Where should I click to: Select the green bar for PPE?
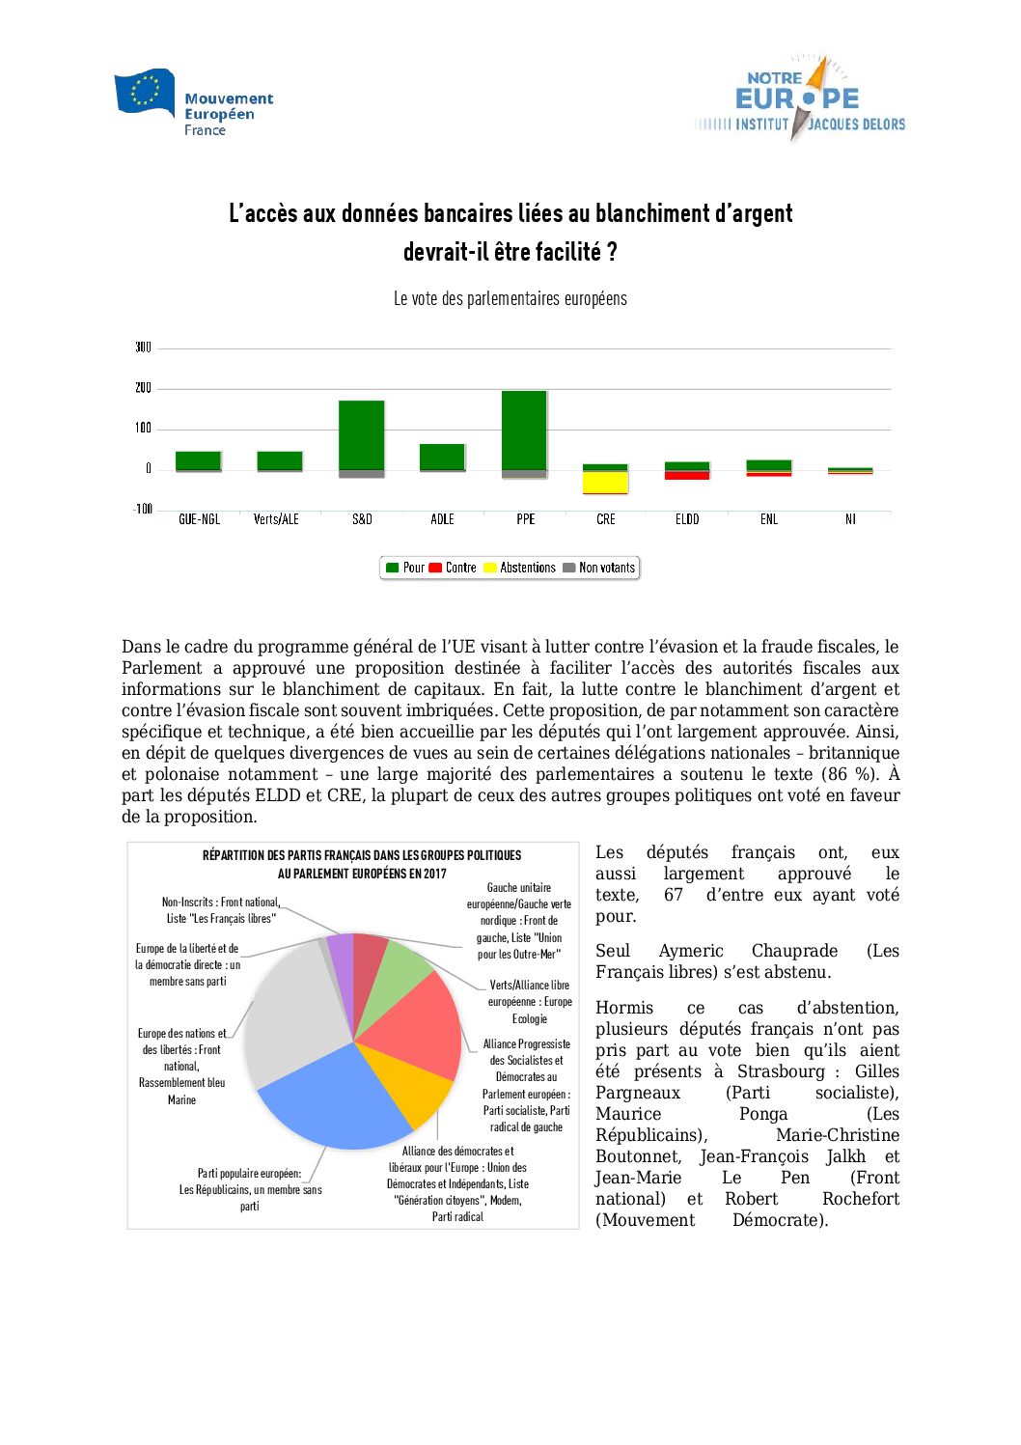coord(524,430)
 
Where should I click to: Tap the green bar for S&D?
coord(361,434)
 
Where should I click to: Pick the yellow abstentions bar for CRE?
coord(605,482)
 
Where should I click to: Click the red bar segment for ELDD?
coord(687,475)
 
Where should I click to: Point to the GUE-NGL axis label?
coord(199,519)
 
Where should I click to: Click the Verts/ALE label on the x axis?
coord(276,519)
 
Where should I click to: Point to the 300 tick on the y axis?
coord(143,347)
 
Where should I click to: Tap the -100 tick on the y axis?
coord(143,509)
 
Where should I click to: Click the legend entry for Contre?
coord(453,568)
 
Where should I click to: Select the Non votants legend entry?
coord(599,568)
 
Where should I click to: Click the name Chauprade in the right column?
coord(794,951)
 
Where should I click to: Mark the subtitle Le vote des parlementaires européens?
coord(510,299)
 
